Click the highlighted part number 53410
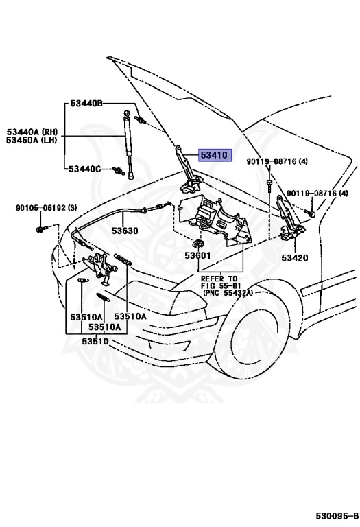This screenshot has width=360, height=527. coord(215,155)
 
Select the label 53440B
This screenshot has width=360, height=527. coord(86,103)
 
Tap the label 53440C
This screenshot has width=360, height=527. coord(84,169)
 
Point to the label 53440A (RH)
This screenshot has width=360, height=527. coord(32,132)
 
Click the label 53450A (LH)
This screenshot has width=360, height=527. coord(32,140)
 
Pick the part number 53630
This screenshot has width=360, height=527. coord(125,231)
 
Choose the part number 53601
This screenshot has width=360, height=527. coord(197,255)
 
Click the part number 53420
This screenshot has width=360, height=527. coord(295,258)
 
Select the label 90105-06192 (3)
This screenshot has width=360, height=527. coord(47,208)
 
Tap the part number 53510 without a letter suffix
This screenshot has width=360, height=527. coord(95,342)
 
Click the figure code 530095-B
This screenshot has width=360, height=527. coord(337,516)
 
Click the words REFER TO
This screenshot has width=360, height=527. coord(219,279)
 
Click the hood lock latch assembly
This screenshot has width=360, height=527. coord(99,266)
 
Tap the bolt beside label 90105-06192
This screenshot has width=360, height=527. coord(39,230)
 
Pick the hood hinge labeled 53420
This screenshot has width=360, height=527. coord(289,218)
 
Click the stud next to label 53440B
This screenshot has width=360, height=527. coord(140,119)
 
